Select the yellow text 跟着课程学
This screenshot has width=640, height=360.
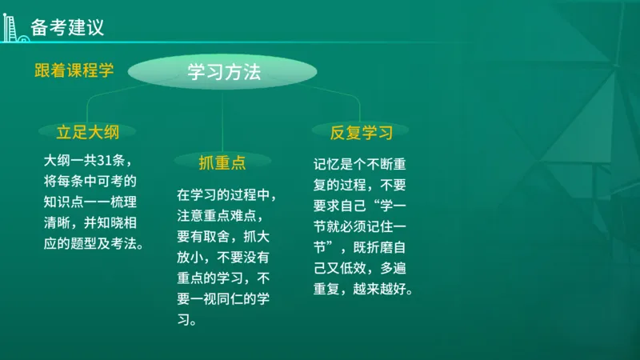click(x=74, y=70)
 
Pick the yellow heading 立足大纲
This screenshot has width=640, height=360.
click(x=87, y=131)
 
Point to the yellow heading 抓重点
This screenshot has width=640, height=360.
click(x=222, y=163)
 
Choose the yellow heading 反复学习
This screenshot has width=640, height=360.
click(x=362, y=131)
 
